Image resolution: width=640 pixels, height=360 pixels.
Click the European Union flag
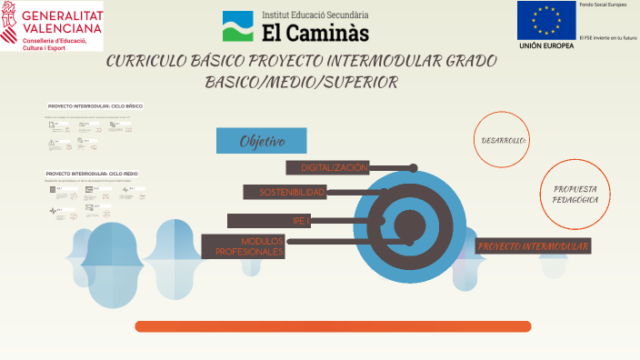pyautogui.click(x=546, y=20)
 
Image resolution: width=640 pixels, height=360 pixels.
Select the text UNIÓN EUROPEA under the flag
pyautogui.click(x=546, y=45)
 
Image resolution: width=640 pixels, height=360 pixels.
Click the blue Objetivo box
pyautogui.click(x=261, y=141)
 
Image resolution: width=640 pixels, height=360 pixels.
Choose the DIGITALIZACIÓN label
pyautogui.click(x=334, y=167)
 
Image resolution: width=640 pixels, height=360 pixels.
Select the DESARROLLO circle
pyautogui.click(x=503, y=140)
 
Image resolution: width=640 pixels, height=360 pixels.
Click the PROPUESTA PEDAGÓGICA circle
pyautogui.click(x=575, y=193)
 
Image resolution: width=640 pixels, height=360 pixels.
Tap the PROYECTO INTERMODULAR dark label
pyautogui.click(x=534, y=246)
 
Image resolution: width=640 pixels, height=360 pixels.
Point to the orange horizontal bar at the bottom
pyautogui.click(x=333, y=325)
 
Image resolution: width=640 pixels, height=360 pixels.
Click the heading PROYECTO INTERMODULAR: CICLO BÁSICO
pyautogui.click(x=95, y=106)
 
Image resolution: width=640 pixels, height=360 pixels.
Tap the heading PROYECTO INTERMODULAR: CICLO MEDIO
pyautogui.click(x=92, y=173)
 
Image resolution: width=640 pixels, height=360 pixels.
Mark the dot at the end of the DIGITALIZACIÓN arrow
pyautogui.click(x=414, y=168)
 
